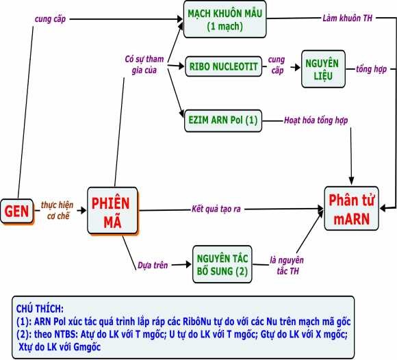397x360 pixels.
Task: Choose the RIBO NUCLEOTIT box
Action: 222,66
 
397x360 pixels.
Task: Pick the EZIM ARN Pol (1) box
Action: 222,120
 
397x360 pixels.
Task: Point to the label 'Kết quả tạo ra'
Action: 218,208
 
